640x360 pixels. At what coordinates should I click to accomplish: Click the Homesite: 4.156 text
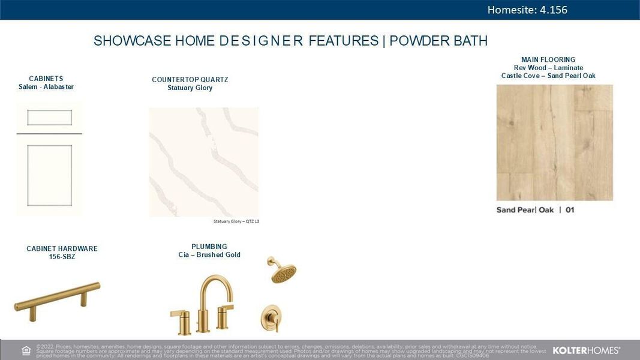[527, 10]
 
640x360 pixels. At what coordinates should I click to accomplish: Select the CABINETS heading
[46, 79]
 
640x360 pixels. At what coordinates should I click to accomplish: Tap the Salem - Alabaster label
[46, 87]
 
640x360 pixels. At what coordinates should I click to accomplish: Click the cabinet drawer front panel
[49, 117]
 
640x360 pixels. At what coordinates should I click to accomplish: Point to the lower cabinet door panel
[49, 175]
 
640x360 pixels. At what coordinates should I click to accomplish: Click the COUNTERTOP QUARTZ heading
[190, 80]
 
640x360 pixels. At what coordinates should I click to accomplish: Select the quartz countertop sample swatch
[203, 162]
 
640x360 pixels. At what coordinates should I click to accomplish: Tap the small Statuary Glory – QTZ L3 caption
[236, 221]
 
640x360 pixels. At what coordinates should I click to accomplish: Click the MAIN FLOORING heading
[548, 59]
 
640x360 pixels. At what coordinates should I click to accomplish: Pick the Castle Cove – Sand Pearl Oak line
[548, 76]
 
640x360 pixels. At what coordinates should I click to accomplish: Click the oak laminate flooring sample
[554, 142]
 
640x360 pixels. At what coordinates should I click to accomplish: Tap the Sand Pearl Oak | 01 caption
[535, 210]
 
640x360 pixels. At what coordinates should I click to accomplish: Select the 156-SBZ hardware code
[62, 257]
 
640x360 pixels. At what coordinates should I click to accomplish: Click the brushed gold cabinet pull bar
[57, 297]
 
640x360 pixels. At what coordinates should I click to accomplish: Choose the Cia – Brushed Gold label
[209, 255]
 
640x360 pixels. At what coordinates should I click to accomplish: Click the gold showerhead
[283, 272]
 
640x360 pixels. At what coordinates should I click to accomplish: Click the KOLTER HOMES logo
[585, 350]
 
